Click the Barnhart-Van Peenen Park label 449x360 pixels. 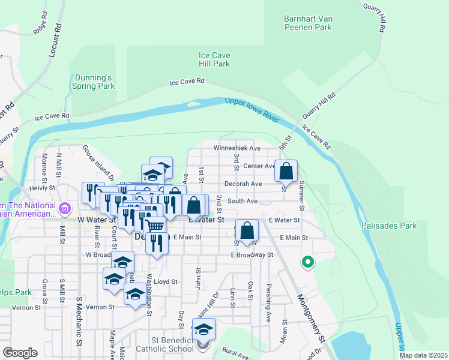tap(307, 23)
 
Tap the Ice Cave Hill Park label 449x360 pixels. tap(214, 59)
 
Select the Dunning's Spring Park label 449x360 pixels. tap(93, 82)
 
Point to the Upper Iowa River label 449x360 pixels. tap(252, 110)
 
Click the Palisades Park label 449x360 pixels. tap(389, 226)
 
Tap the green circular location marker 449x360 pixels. tap(308, 262)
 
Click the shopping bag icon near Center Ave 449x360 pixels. tap(286, 172)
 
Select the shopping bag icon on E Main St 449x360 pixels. tap(247, 230)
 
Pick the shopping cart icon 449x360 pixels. tap(155, 226)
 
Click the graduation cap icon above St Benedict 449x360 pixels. tap(203, 330)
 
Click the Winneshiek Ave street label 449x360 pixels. tap(238, 148)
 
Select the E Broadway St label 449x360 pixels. tap(252, 255)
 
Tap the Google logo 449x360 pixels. tap(20, 353)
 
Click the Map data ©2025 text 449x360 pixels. tap(423, 355)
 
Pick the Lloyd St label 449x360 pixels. tap(166, 281)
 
